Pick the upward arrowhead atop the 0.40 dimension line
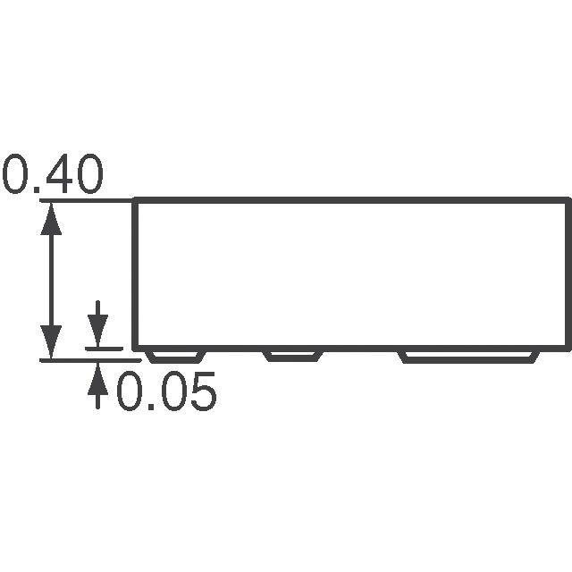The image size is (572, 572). point(52,217)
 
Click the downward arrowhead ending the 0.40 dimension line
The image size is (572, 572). point(52,344)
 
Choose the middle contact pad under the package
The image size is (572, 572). point(290,356)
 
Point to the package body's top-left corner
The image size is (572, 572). point(135,201)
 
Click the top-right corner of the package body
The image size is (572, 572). point(568,201)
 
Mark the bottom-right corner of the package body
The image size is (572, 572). point(568,349)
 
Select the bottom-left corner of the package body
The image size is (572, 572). point(135,349)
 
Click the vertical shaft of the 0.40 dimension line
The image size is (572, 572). point(52,281)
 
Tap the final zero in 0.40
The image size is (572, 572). point(88,176)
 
